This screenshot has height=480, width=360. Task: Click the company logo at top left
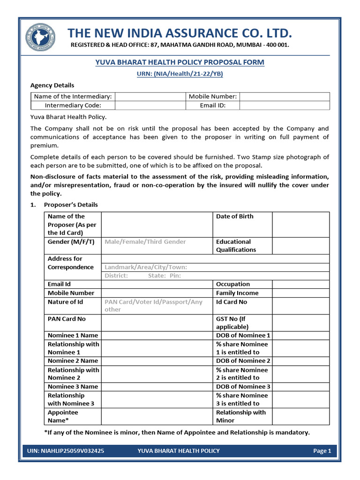(x=40, y=37)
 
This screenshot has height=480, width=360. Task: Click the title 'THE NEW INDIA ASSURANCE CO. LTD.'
(x=180, y=33)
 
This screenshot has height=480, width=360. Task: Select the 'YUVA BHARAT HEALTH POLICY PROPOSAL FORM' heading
(x=180, y=62)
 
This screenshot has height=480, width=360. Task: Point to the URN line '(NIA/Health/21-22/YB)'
(x=180, y=74)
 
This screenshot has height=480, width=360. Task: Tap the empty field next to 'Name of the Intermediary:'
(x=150, y=97)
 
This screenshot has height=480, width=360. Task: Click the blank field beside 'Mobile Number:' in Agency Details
(x=285, y=97)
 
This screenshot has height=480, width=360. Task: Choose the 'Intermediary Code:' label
(x=73, y=105)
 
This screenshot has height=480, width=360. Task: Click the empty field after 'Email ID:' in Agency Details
(x=285, y=105)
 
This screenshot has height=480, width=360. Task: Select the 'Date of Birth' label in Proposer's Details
(x=234, y=217)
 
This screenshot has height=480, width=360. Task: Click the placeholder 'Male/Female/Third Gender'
(x=145, y=242)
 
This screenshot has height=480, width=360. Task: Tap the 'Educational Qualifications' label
(x=236, y=246)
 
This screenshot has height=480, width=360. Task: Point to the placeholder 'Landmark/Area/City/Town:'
(x=146, y=267)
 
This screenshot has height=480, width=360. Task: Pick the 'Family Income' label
(x=237, y=293)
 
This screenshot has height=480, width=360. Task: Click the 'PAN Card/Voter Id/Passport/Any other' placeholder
(x=153, y=306)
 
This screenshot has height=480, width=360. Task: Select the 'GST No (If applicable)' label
(x=232, y=322)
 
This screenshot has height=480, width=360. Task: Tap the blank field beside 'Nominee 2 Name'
(x=157, y=361)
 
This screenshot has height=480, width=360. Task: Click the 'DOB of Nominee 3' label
(x=243, y=387)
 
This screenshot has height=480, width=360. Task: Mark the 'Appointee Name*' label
(x=63, y=416)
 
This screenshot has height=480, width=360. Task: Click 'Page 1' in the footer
(x=322, y=451)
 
